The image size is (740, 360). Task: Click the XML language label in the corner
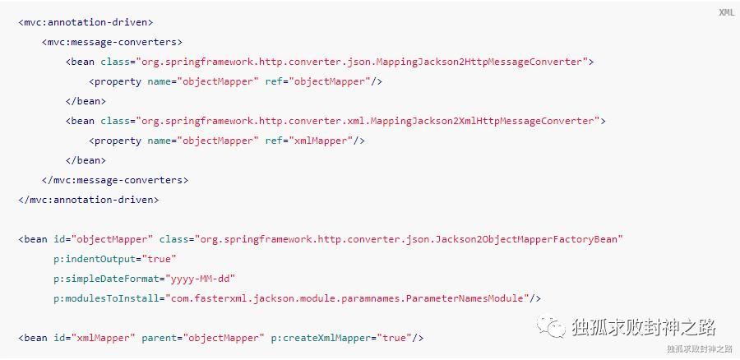pos(726,12)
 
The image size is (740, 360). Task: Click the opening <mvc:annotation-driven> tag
pos(86,22)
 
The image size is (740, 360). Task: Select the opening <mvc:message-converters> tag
pos(112,42)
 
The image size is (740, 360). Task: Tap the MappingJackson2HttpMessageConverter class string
pos(362,62)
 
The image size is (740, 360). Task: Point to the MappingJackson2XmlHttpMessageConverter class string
pos(368,121)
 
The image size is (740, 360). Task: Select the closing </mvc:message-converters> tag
pos(115,179)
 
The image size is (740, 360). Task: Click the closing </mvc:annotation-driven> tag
pos(89,199)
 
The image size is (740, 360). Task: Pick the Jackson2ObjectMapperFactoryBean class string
pos(407,239)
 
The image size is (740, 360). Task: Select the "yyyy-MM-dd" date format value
pos(201,279)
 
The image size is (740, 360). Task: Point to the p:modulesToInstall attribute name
pos(103,298)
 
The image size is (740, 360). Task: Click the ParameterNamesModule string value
pos(349,298)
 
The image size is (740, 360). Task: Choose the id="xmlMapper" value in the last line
pos(98,338)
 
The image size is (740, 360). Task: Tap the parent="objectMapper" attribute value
pos(223,338)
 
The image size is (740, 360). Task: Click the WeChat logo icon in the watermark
pos(552,326)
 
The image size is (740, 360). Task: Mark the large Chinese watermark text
pos(643,326)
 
